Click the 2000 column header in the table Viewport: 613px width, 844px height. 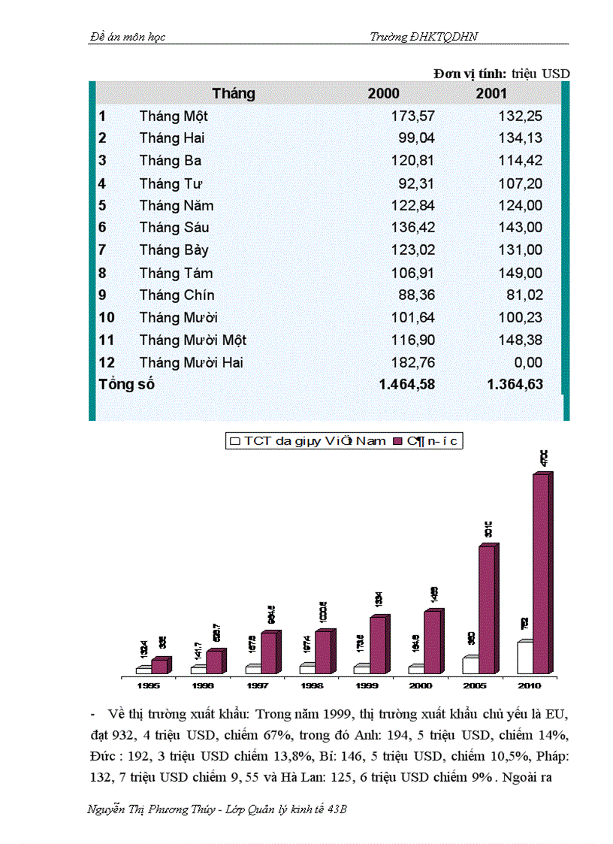pyautogui.click(x=383, y=94)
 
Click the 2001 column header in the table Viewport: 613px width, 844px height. pyautogui.click(x=491, y=94)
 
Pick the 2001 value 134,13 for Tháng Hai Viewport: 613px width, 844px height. pyautogui.click(x=520, y=138)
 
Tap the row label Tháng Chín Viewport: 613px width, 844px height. pyautogui.click(x=177, y=295)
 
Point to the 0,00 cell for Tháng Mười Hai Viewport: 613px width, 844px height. pyautogui.click(x=527, y=363)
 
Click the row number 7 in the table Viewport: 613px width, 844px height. pyautogui.click(x=102, y=250)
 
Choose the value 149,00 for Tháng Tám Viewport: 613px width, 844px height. pyautogui.click(x=520, y=273)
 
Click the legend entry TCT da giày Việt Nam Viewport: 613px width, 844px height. pyautogui.click(x=308, y=441)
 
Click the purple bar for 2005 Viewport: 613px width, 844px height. pyautogui.click(x=487, y=610)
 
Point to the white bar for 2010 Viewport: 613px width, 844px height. pyautogui.click(x=524, y=658)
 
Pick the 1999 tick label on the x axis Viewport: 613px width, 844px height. pyautogui.click(x=367, y=685)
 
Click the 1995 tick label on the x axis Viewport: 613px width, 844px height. pyautogui.click(x=148, y=685)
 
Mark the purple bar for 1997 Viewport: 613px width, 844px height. pyautogui.click(x=269, y=652)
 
